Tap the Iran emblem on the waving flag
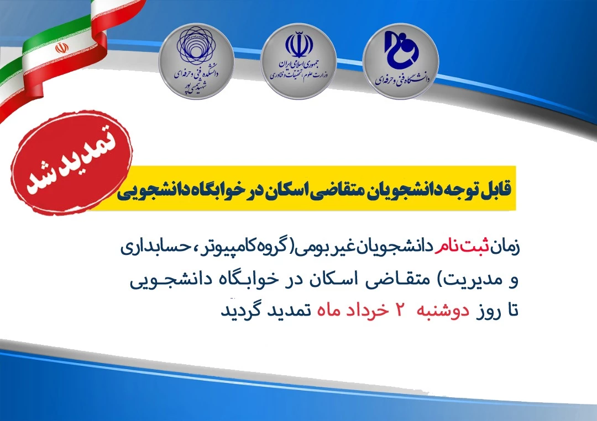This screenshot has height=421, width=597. click(x=62, y=48)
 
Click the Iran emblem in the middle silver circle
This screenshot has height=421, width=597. click(x=299, y=45)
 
